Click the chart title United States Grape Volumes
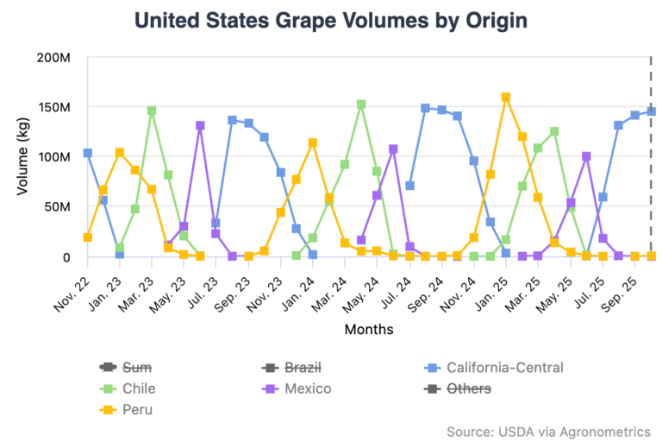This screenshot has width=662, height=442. click(331, 22)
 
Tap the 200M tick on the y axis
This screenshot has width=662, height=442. click(53, 58)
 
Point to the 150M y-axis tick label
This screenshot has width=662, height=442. click(53, 108)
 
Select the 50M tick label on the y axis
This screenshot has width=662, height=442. click(57, 207)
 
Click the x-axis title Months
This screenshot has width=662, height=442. click(369, 329)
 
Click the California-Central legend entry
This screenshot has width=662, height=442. click(504, 368)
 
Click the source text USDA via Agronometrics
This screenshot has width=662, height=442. click(548, 431)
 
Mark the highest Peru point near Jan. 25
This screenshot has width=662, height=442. click(506, 98)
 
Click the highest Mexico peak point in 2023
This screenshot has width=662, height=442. click(200, 126)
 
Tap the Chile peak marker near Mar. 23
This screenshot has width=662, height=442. click(152, 110)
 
